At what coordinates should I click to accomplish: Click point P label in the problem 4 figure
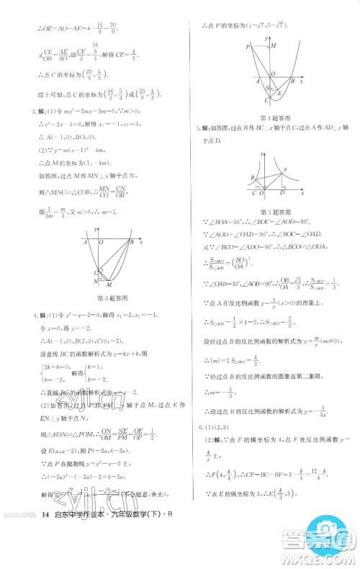click(248, 46)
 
